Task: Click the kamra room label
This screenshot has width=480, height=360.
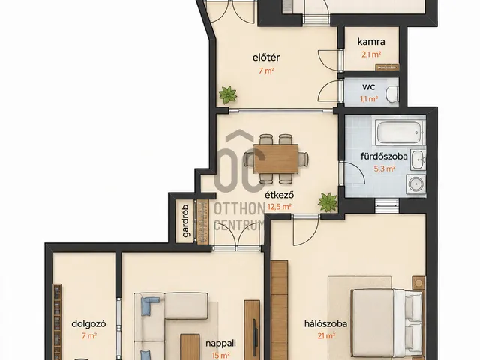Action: pos(371,42)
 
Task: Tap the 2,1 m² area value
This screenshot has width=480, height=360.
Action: pos(371,55)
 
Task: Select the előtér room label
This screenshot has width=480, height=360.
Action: pos(266,58)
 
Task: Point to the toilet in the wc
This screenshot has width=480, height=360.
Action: pos(392,94)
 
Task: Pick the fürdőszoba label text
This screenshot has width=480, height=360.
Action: pos(384,157)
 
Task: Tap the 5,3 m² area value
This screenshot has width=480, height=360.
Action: pos(385,169)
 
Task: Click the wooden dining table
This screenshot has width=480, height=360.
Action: pos(276,159)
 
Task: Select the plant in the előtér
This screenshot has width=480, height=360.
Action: pos(228,95)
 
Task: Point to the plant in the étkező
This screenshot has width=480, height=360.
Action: pos(328,202)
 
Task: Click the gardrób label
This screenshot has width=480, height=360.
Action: pos(186,220)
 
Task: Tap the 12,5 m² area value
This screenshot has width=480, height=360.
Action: pos(280,207)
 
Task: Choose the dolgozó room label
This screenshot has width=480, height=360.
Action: pos(88,324)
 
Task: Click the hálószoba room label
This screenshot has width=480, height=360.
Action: pos(325,324)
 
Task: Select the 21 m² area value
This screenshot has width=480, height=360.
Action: pos(326,336)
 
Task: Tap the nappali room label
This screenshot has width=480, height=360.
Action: pos(220,343)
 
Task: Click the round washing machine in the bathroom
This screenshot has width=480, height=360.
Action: pos(415,184)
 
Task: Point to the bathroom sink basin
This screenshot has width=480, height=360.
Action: pos(418,160)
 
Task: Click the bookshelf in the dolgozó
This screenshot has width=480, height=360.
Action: pos(58,322)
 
